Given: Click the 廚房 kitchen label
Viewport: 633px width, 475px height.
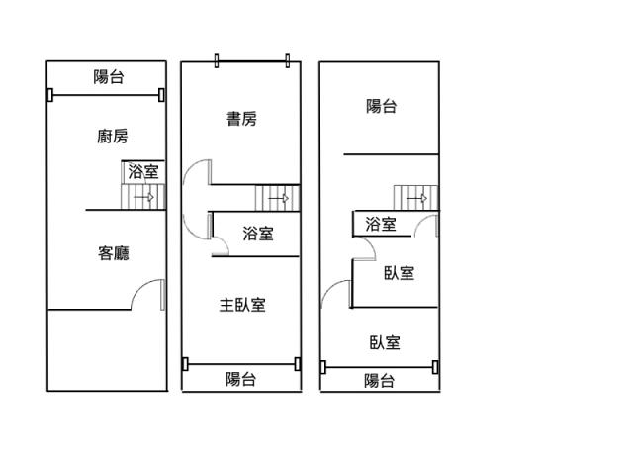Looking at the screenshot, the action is click(113, 137).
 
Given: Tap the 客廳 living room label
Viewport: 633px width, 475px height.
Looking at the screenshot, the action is click(114, 253).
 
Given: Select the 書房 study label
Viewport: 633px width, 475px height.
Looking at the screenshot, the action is click(241, 119).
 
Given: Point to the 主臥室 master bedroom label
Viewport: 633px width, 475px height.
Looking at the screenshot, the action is click(242, 305).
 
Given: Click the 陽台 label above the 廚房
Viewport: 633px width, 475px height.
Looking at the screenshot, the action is click(108, 77).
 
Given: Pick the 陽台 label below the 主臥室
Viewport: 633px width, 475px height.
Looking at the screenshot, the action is click(240, 379).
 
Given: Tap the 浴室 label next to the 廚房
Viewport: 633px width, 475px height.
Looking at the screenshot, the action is click(143, 171).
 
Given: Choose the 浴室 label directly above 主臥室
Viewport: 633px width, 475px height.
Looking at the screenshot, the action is click(258, 234).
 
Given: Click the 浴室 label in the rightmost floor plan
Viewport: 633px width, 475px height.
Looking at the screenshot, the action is click(381, 224).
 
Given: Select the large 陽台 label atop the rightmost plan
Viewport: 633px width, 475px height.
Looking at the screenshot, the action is click(382, 106).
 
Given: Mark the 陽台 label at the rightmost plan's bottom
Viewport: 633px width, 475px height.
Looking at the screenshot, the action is click(379, 380).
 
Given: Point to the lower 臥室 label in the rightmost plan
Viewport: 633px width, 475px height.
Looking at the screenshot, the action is click(385, 342).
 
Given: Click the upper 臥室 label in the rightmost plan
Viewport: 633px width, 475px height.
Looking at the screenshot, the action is click(399, 273).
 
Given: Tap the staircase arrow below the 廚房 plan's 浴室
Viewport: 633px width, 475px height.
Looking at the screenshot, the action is click(143, 198).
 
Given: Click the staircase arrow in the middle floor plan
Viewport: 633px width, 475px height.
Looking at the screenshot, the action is click(279, 198).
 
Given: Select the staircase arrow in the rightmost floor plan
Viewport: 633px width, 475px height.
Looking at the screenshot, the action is click(417, 198).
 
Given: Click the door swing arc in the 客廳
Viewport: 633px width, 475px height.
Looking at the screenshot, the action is click(139, 288).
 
